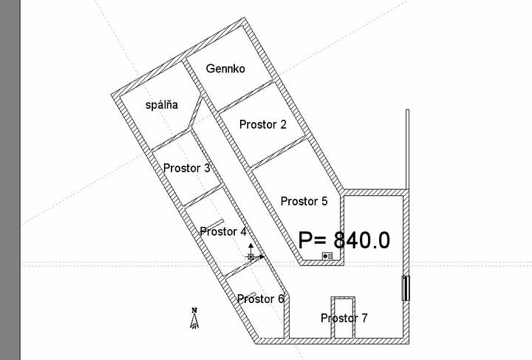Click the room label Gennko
(x=225, y=69)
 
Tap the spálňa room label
(x=162, y=105)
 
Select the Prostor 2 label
(x=262, y=124)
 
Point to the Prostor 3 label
(x=187, y=168)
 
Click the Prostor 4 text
(x=223, y=231)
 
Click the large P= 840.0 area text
(x=344, y=240)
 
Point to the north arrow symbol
(x=194, y=319)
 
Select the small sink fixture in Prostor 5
(x=327, y=257)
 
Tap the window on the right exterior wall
(x=406, y=288)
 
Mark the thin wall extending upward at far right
(x=407, y=149)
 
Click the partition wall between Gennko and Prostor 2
(x=245, y=96)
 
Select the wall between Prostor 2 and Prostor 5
(x=279, y=153)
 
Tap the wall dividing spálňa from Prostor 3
(x=170, y=140)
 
